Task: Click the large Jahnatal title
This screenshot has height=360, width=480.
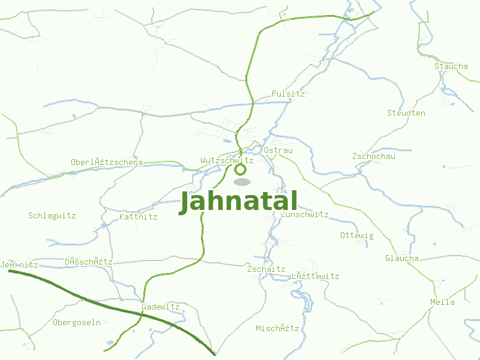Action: (238, 202)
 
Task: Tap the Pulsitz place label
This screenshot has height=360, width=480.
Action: (288, 94)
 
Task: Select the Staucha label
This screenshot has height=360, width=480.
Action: (451, 66)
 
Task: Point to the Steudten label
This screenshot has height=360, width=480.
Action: (406, 113)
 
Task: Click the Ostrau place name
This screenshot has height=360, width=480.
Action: (278, 150)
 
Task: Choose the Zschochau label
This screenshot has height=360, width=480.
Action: (373, 157)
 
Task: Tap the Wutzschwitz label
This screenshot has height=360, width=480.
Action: (227, 161)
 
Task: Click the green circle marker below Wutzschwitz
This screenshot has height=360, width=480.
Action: (241, 170)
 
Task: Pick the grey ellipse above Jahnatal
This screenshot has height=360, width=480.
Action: (242, 182)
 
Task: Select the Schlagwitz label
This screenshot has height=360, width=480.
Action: (52, 215)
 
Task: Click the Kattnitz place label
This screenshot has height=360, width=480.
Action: (138, 217)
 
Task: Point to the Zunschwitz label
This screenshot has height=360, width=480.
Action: (305, 214)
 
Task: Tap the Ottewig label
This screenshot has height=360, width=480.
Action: (356, 235)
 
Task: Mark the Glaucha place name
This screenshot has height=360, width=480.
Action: (401, 259)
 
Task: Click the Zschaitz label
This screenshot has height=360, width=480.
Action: (266, 269)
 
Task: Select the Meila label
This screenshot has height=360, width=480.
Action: (442, 302)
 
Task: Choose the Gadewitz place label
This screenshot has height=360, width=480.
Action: (160, 307)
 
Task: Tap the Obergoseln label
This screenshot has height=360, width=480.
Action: (77, 323)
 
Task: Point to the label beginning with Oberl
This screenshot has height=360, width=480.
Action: (106, 162)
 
